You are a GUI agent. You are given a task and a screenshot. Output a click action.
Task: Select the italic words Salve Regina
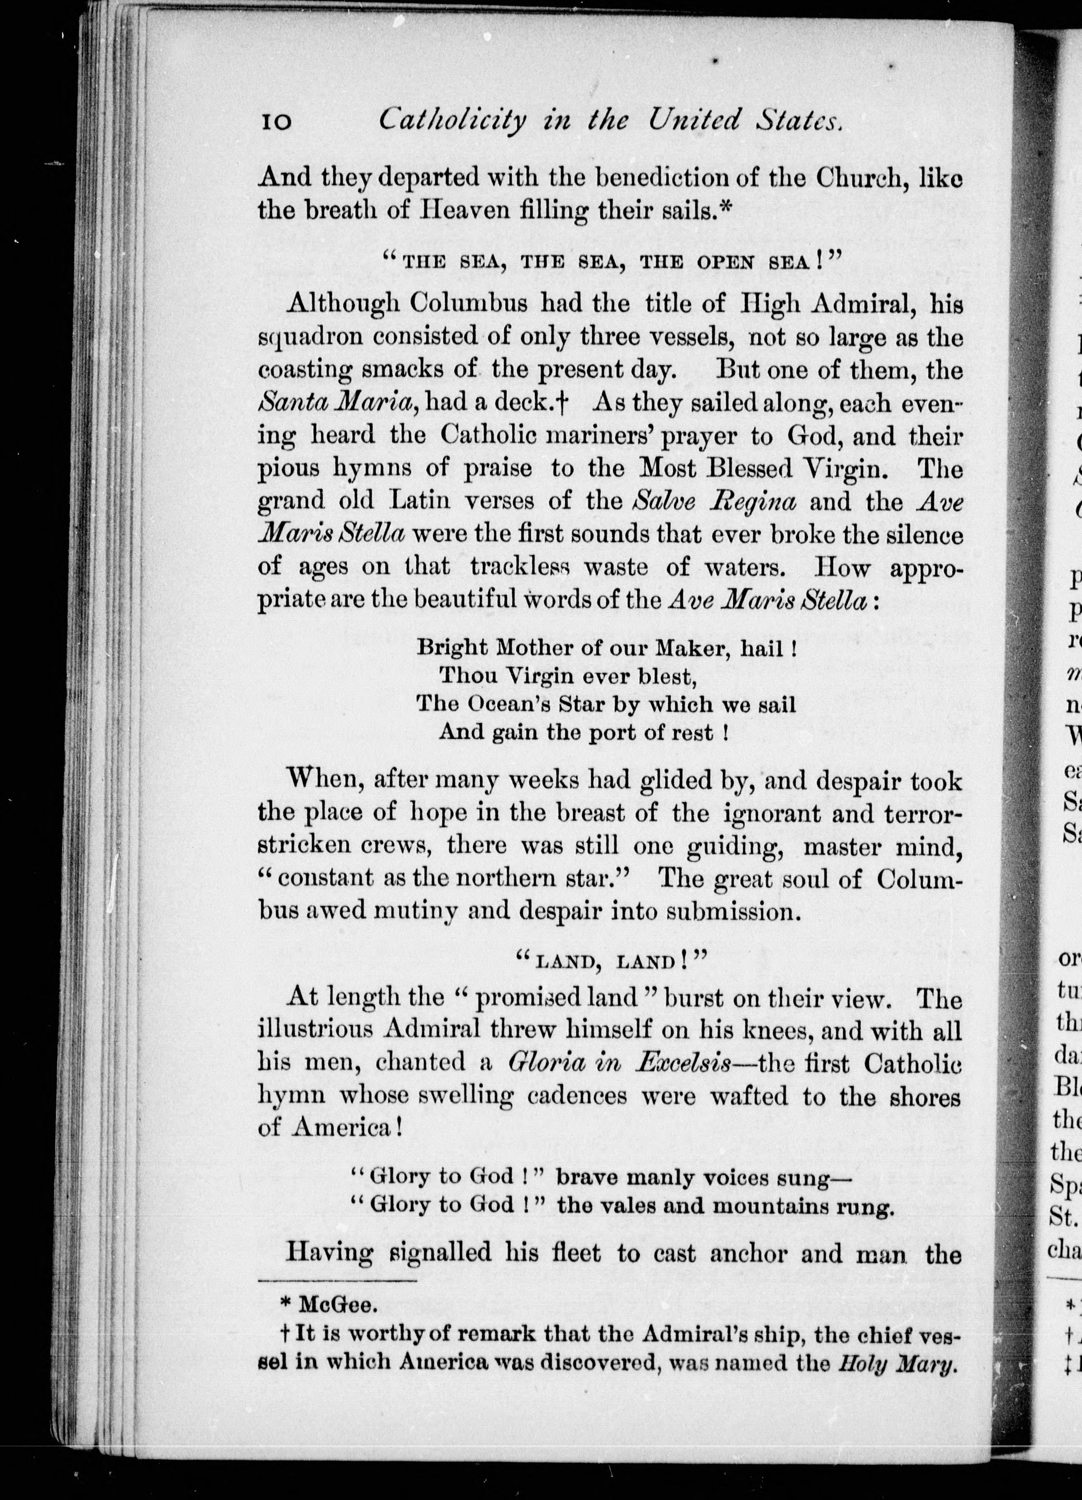pyautogui.click(x=713, y=500)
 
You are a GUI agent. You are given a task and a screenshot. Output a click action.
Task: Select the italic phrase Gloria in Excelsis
pyautogui.click(x=619, y=1062)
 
